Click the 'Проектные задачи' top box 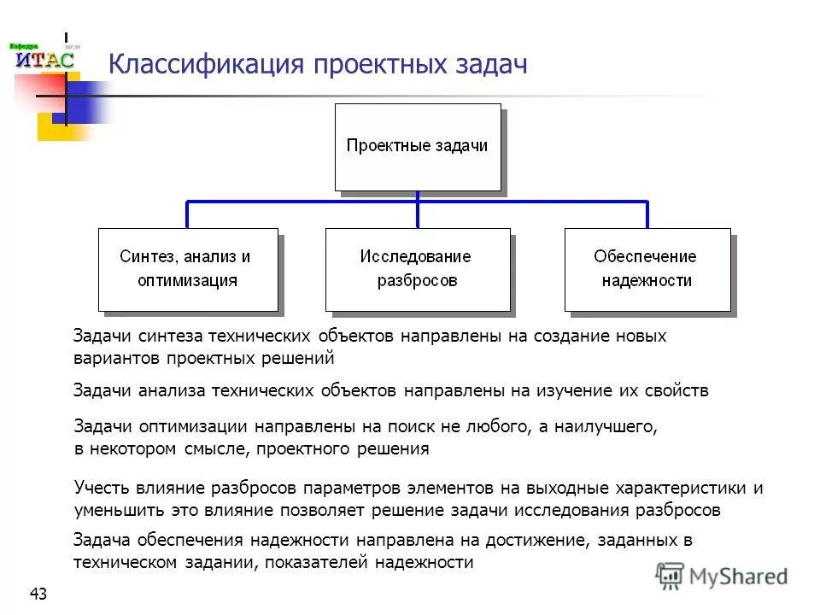click(417, 146)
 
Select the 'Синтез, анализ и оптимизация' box click(188, 268)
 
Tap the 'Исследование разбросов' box click(417, 268)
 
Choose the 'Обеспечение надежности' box click(647, 268)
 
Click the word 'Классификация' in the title click(204, 65)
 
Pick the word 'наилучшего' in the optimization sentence click(606, 425)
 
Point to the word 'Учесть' click(102, 489)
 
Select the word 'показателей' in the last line click(320, 562)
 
